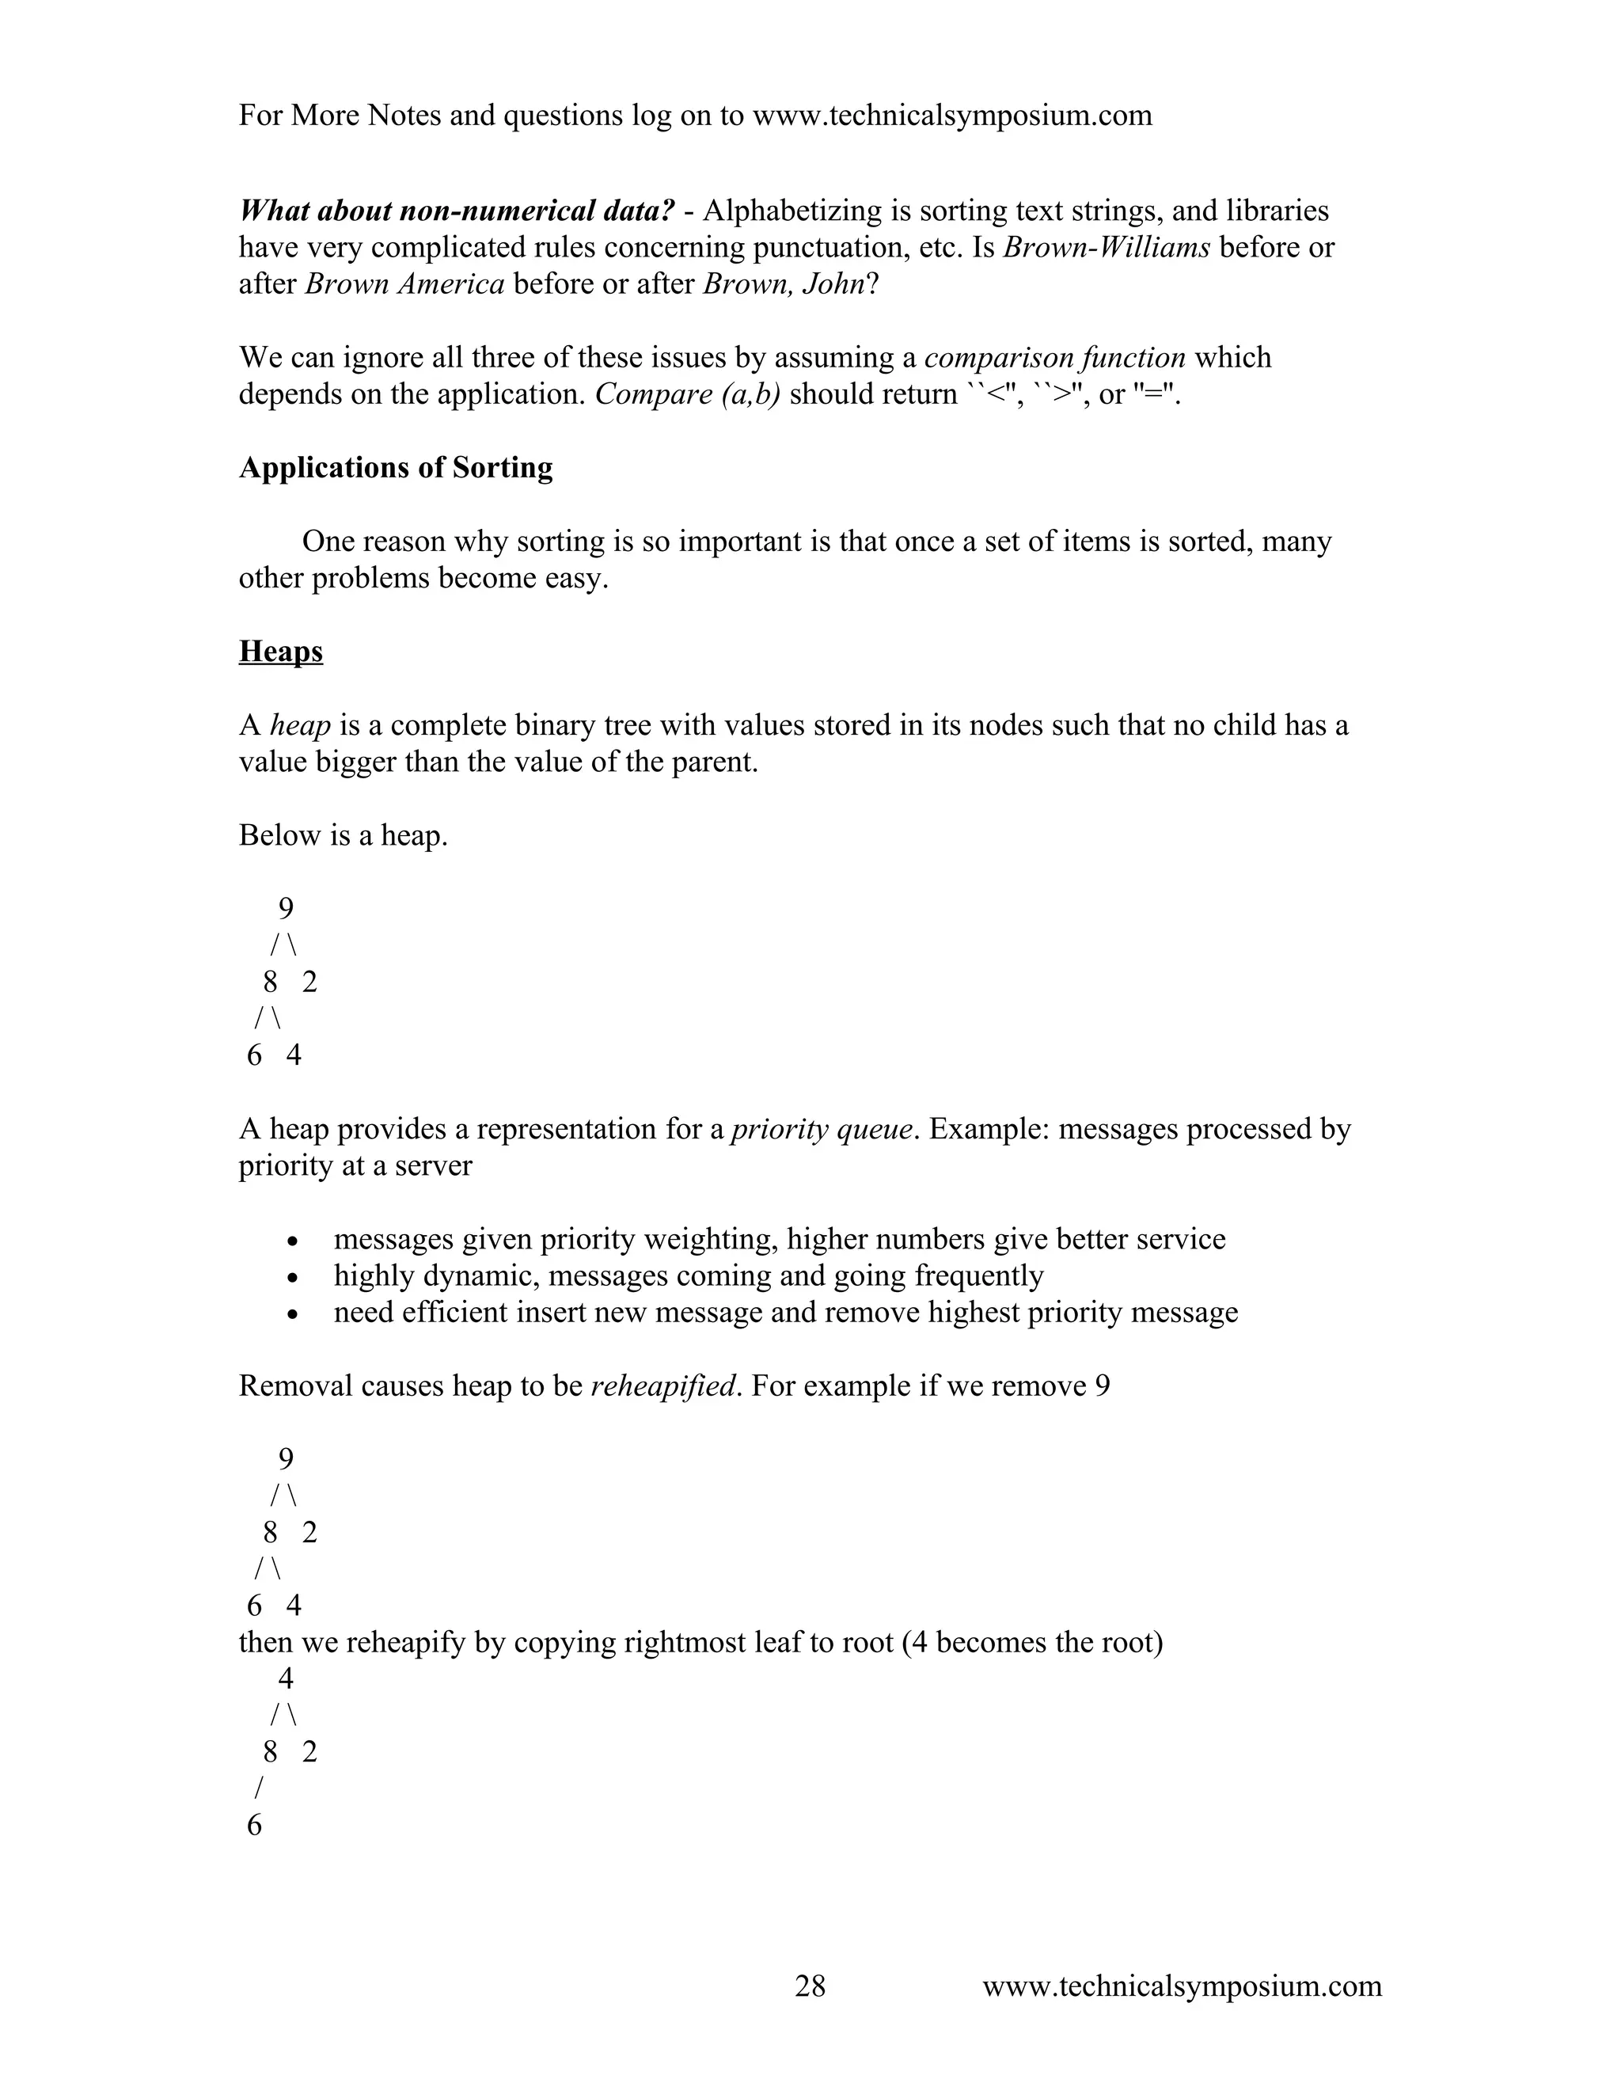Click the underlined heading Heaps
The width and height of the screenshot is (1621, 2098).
280,652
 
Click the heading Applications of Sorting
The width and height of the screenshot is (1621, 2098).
396,468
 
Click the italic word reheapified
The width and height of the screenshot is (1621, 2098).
662,1386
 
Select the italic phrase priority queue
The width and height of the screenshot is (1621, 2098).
821,1129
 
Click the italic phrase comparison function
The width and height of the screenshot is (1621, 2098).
1054,357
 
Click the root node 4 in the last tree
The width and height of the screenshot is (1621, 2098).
285,1678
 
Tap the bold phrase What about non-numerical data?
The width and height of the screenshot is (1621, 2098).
456,211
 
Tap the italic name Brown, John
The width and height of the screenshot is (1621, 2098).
784,284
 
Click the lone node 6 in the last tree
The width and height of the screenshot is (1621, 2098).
255,1825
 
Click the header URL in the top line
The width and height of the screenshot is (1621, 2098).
951,116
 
